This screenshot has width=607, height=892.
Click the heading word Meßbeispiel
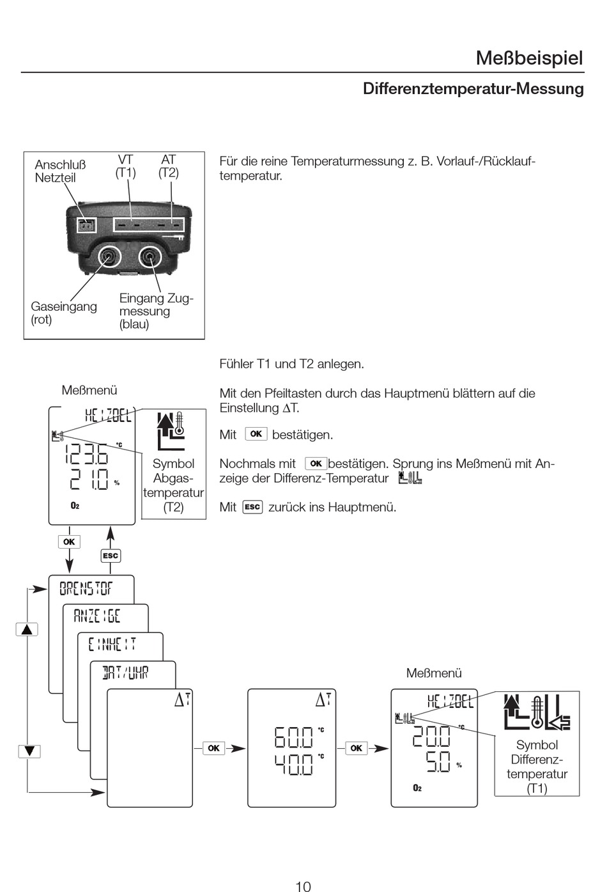(x=529, y=58)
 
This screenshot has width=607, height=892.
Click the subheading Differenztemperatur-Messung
(x=473, y=89)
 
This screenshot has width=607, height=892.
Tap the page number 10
(x=303, y=886)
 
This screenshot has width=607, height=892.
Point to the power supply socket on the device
(x=85, y=225)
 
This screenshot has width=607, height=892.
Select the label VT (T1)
(x=126, y=166)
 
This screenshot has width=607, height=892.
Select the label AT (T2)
(x=169, y=166)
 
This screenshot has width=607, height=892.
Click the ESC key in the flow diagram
(x=111, y=556)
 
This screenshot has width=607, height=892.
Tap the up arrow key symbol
(x=27, y=629)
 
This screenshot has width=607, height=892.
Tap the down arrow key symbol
(x=29, y=751)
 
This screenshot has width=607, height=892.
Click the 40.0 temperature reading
(x=294, y=765)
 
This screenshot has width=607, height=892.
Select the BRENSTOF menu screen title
(x=86, y=588)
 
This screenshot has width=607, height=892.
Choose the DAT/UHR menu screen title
(x=125, y=672)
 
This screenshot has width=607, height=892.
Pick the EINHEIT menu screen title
(x=112, y=644)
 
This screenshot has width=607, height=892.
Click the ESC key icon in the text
(x=252, y=507)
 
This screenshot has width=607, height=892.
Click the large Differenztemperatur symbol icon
(x=535, y=712)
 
